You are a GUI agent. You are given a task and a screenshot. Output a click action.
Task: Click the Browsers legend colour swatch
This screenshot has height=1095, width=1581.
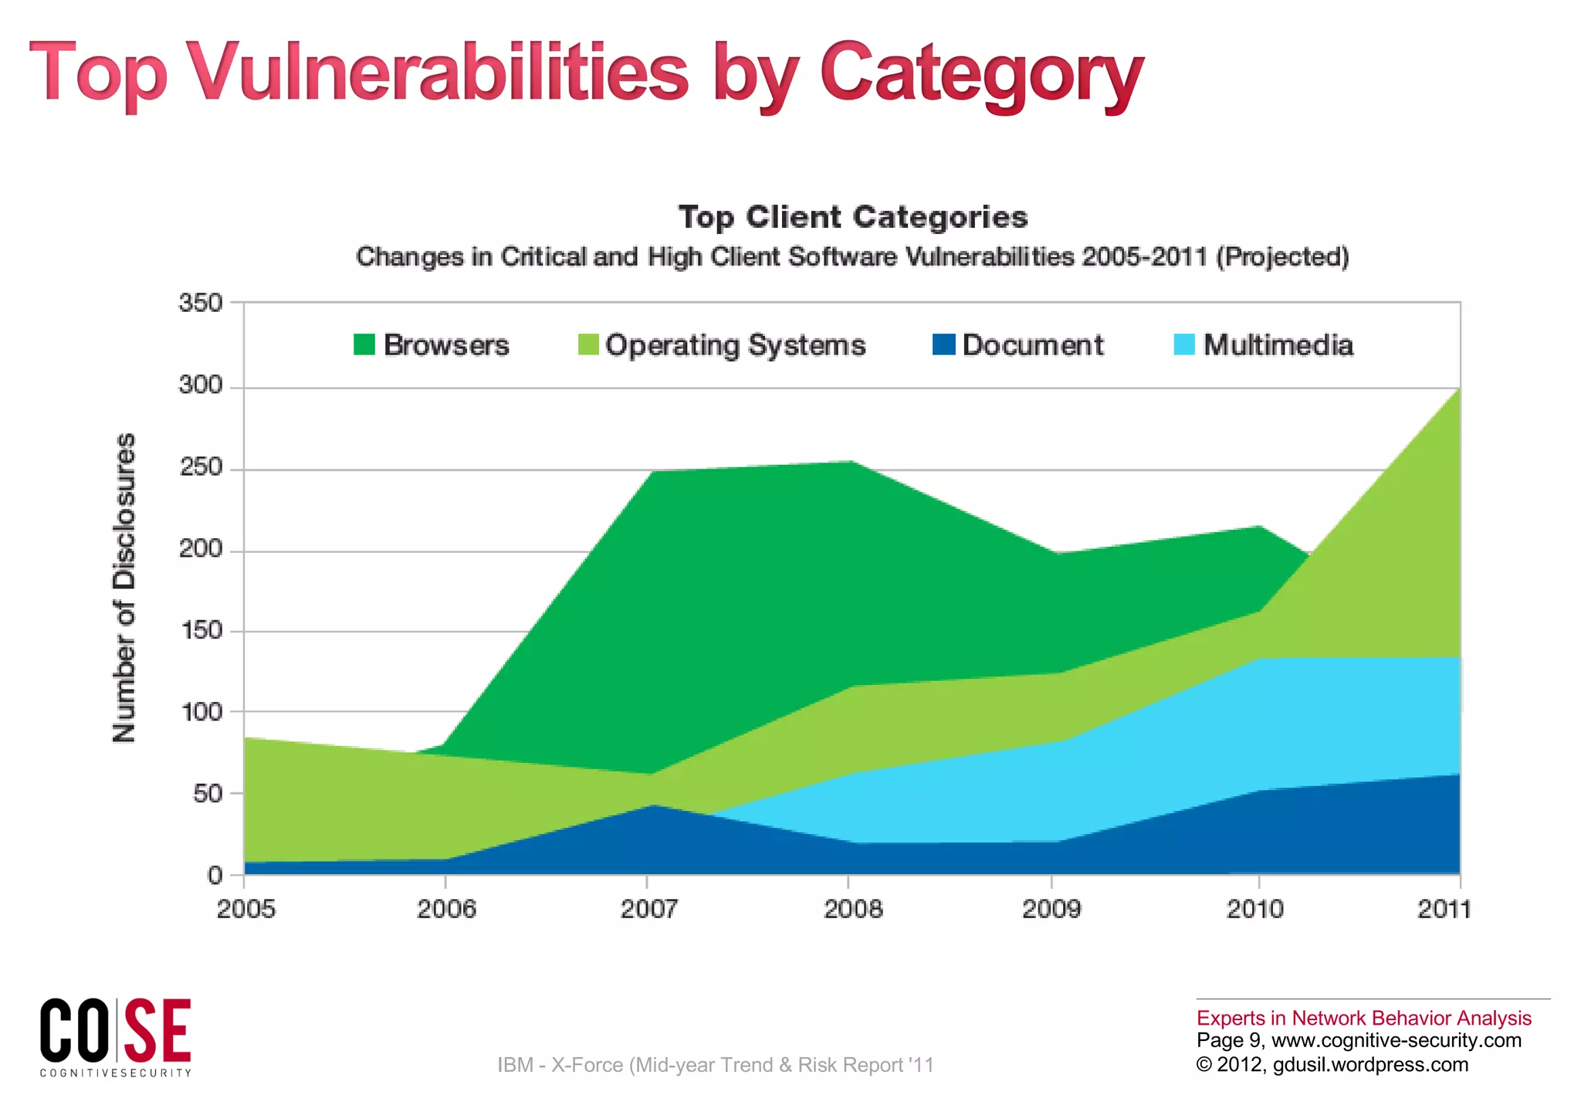[x=364, y=344]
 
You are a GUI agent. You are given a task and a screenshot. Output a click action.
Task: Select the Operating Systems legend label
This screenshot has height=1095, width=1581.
[x=735, y=345]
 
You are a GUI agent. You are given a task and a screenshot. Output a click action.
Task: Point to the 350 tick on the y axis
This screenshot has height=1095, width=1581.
[x=201, y=303]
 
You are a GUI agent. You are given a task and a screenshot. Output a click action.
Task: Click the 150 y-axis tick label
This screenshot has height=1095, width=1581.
[x=201, y=631]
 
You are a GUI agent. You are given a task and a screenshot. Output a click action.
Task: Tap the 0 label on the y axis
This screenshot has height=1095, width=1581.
[x=215, y=876]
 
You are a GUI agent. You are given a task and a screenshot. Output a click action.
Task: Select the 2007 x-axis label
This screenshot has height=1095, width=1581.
[x=648, y=910]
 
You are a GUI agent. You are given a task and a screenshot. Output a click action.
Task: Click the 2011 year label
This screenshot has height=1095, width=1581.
[x=1444, y=910]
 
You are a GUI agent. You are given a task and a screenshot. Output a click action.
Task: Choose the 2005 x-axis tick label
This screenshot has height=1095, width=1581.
[x=245, y=910]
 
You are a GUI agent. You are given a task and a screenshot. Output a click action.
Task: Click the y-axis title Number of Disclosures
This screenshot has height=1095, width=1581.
[x=124, y=588]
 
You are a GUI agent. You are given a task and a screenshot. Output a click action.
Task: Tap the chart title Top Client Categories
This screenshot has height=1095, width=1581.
[x=853, y=217]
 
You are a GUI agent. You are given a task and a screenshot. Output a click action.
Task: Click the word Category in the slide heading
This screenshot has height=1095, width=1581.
[x=980, y=73]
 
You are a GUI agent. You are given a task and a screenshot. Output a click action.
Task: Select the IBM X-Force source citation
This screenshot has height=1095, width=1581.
[x=715, y=1065]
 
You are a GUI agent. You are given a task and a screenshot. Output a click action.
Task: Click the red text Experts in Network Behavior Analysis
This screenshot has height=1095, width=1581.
[x=1363, y=1018]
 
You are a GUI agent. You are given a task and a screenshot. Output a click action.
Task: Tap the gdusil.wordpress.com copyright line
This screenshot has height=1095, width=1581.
[x=1332, y=1065]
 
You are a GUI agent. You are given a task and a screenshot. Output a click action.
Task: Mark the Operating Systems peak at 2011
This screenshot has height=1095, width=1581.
[x=1458, y=389]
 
